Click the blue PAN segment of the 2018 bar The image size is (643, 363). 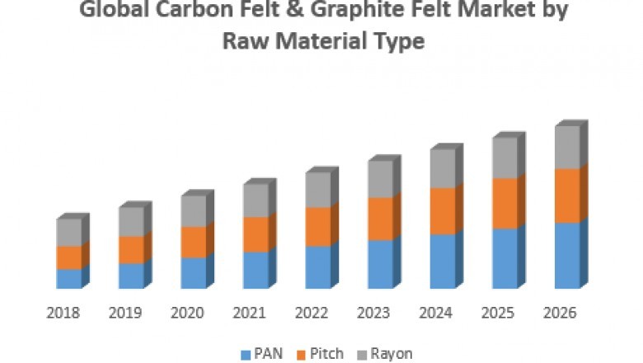click(x=69, y=279)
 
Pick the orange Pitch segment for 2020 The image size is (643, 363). click(x=194, y=243)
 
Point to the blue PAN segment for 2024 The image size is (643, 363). click(x=442, y=262)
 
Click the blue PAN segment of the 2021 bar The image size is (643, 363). click(x=256, y=270)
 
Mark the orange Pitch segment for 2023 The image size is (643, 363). click(x=380, y=219)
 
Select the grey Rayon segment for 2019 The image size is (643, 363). click(x=131, y=222)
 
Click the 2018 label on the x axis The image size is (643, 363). click(x=63, y=313)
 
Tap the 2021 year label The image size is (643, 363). click(x=249, y=313)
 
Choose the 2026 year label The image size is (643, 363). click(x=561, y=313)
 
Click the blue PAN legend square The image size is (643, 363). click(x=245, y=354)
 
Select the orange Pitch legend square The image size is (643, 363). click(x=303, y=354)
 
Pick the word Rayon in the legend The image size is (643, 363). click(x=392, y=353)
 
